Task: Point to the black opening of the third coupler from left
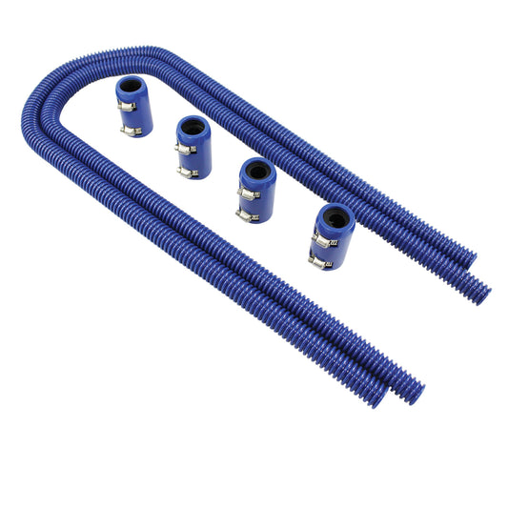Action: pos(259,173)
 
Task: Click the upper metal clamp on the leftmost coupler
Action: pos(126,106)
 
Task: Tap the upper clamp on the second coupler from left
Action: pos(185,149)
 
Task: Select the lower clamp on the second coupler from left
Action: pos(189,172)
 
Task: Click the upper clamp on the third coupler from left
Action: pos(248,193)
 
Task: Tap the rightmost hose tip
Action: pos(483,294)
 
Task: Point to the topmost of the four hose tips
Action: pos(467,258)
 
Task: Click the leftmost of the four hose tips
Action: pos(377,398)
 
